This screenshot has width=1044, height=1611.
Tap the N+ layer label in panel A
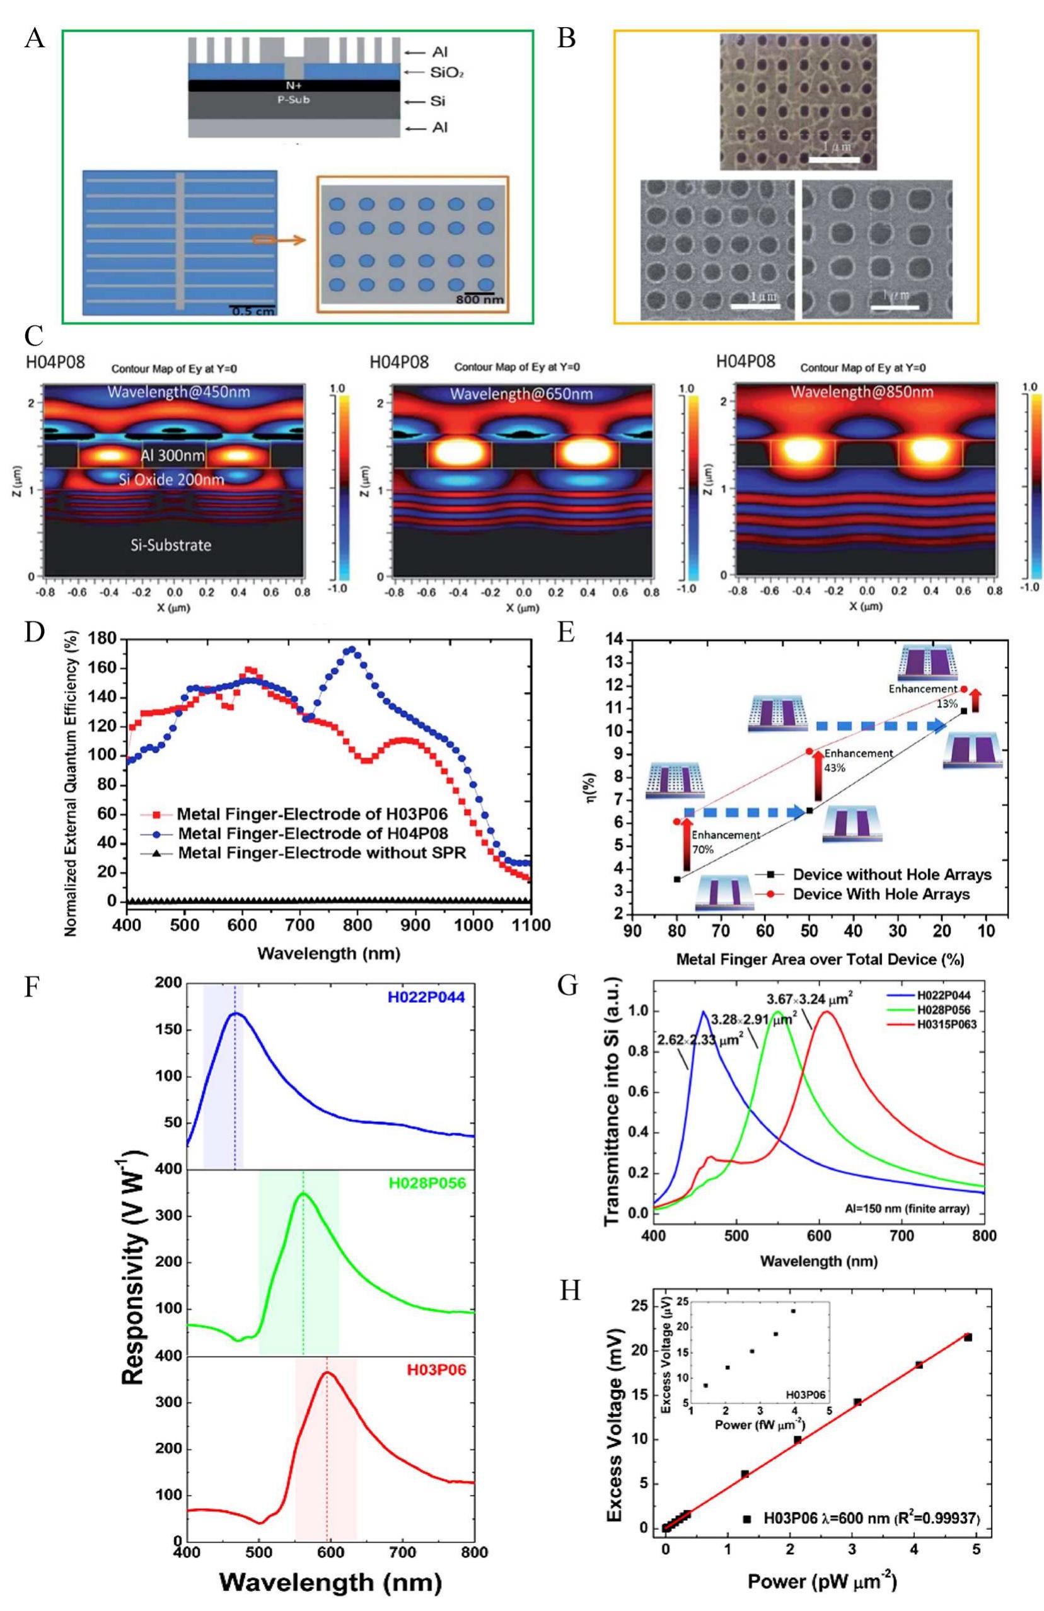(293, 86)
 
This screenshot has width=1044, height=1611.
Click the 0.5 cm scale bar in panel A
(251, 310)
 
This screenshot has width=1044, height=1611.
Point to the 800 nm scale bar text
(478, 299)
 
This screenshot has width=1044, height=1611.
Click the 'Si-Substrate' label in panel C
(171, 544)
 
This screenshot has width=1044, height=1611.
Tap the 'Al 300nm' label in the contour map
(175, 455)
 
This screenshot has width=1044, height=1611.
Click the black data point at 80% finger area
(677, 879)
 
